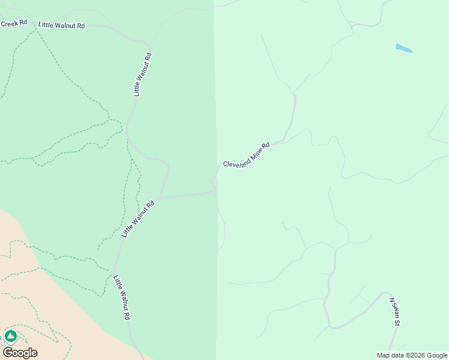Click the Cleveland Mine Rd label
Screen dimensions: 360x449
246,155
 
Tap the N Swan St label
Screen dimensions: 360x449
394,312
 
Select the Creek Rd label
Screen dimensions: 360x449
14,23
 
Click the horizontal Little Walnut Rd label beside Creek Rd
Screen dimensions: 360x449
61,26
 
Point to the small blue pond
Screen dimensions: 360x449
404,48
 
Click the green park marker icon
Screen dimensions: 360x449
10,336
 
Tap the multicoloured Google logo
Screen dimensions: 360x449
20,353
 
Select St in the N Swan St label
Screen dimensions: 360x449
397,322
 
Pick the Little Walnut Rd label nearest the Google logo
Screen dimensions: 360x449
122,298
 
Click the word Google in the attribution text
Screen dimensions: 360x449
438,355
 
